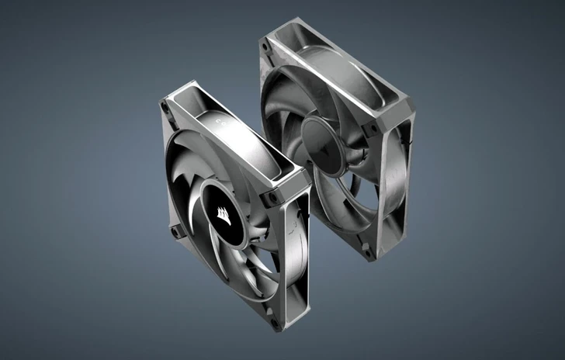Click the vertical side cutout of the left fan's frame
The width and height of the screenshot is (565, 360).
294,249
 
